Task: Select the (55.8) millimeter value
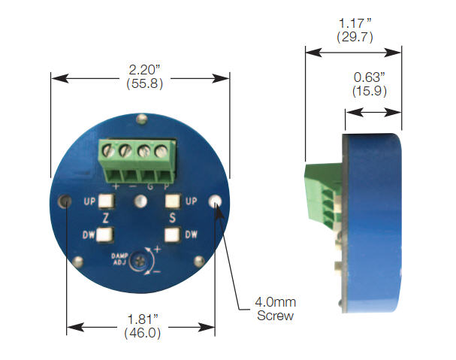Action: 141,83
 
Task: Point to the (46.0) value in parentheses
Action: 141,332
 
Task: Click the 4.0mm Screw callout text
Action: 275,309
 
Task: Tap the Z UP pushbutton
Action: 105,201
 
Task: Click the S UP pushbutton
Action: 174,201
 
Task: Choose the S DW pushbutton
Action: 174,234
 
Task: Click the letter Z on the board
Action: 106,218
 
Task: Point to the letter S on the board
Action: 173,218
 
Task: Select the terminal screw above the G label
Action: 143,151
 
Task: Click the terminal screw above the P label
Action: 162,151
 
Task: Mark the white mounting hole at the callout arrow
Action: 218,201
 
